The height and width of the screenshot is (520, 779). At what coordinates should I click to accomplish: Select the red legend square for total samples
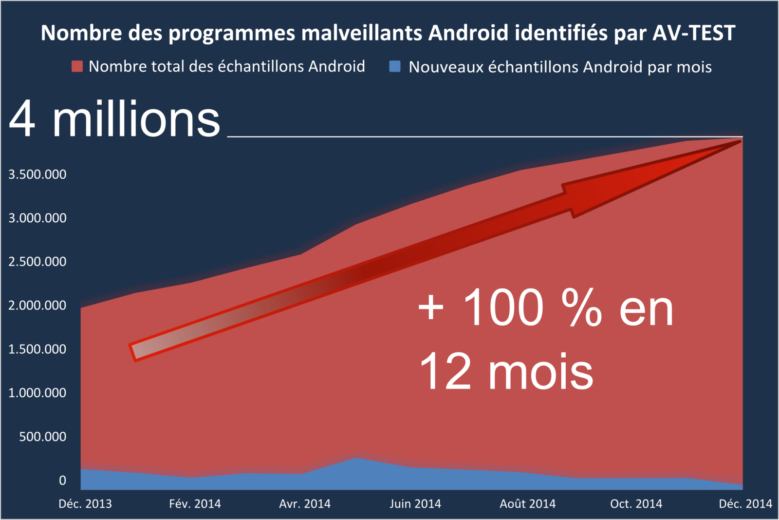77,66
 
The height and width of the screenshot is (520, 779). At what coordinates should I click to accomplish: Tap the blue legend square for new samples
395,66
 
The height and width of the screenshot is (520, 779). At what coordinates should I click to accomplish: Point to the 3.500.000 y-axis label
37,174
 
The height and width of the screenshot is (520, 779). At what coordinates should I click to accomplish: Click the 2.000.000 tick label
37,306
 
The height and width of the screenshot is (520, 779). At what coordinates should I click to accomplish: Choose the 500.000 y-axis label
43,437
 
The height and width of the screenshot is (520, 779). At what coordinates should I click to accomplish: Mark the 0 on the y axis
62,481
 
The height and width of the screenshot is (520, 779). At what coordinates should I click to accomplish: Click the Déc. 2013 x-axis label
85,504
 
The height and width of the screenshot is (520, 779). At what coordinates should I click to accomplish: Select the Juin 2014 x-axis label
415,504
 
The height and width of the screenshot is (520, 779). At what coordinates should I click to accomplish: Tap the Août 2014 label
528,504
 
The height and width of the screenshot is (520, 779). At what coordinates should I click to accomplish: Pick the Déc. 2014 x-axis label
745,504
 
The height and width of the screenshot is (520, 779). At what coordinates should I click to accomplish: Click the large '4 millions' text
115,120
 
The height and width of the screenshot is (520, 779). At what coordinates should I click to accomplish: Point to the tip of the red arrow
740,142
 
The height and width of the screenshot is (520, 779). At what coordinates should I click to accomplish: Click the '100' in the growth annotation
503,308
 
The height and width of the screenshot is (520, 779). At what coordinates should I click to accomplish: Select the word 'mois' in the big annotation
540,372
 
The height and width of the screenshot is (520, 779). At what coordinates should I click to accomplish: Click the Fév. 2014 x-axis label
195,504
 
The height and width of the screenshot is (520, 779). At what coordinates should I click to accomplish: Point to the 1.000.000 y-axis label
37,393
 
